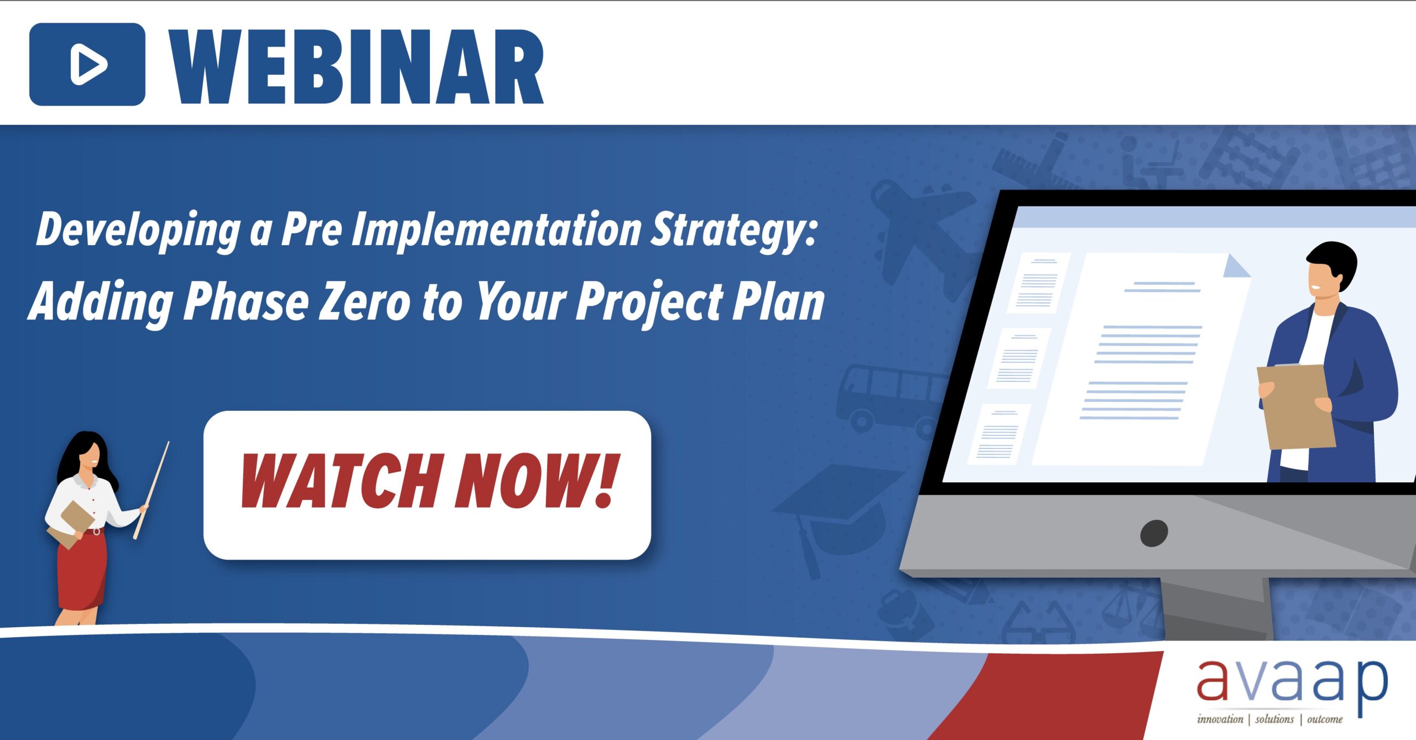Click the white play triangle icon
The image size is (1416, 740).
coord(87,65)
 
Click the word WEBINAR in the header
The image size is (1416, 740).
coord(356,66)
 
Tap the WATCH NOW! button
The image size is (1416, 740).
coord(427,484)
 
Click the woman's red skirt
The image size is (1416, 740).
coord(82,570)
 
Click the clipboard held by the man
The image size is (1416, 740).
coord(1295,407)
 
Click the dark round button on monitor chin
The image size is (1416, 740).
coord(1154,533)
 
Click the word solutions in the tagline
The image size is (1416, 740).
coord(1274,720)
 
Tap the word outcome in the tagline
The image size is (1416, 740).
coord(1325,720)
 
